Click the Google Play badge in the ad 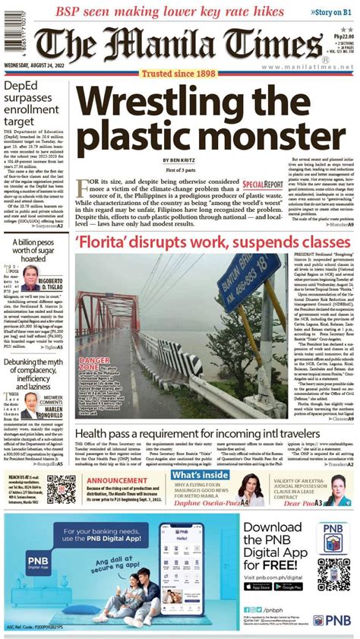coord(289,587)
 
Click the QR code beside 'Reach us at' coord(61,490)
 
